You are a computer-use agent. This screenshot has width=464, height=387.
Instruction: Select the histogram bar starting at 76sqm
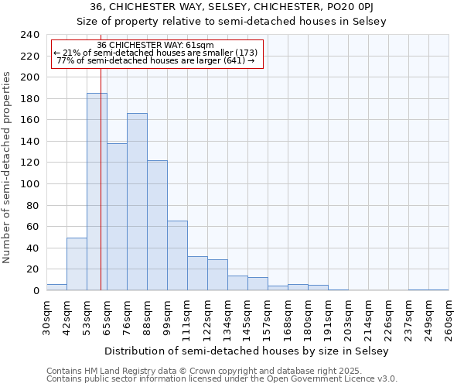[x=137, y=202]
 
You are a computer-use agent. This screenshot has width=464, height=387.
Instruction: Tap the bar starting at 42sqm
[x=77, y=264]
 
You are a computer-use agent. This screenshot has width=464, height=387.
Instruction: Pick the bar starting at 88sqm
[x=157, y=225]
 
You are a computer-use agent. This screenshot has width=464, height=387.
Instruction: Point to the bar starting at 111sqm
[x=197, y=273]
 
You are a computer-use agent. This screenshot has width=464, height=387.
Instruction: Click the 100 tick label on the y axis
[x=29, y=184]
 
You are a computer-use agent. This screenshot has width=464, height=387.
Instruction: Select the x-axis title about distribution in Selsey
[x=247, y=351]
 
